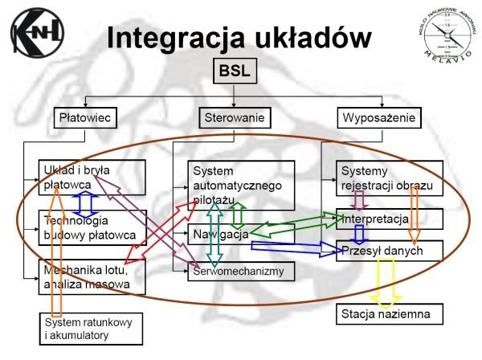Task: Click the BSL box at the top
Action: point(234,72)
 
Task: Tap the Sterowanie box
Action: point(232,118)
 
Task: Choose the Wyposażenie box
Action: point(378,118)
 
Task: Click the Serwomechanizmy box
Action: point(241,272)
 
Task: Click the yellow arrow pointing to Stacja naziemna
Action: point(368,280)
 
